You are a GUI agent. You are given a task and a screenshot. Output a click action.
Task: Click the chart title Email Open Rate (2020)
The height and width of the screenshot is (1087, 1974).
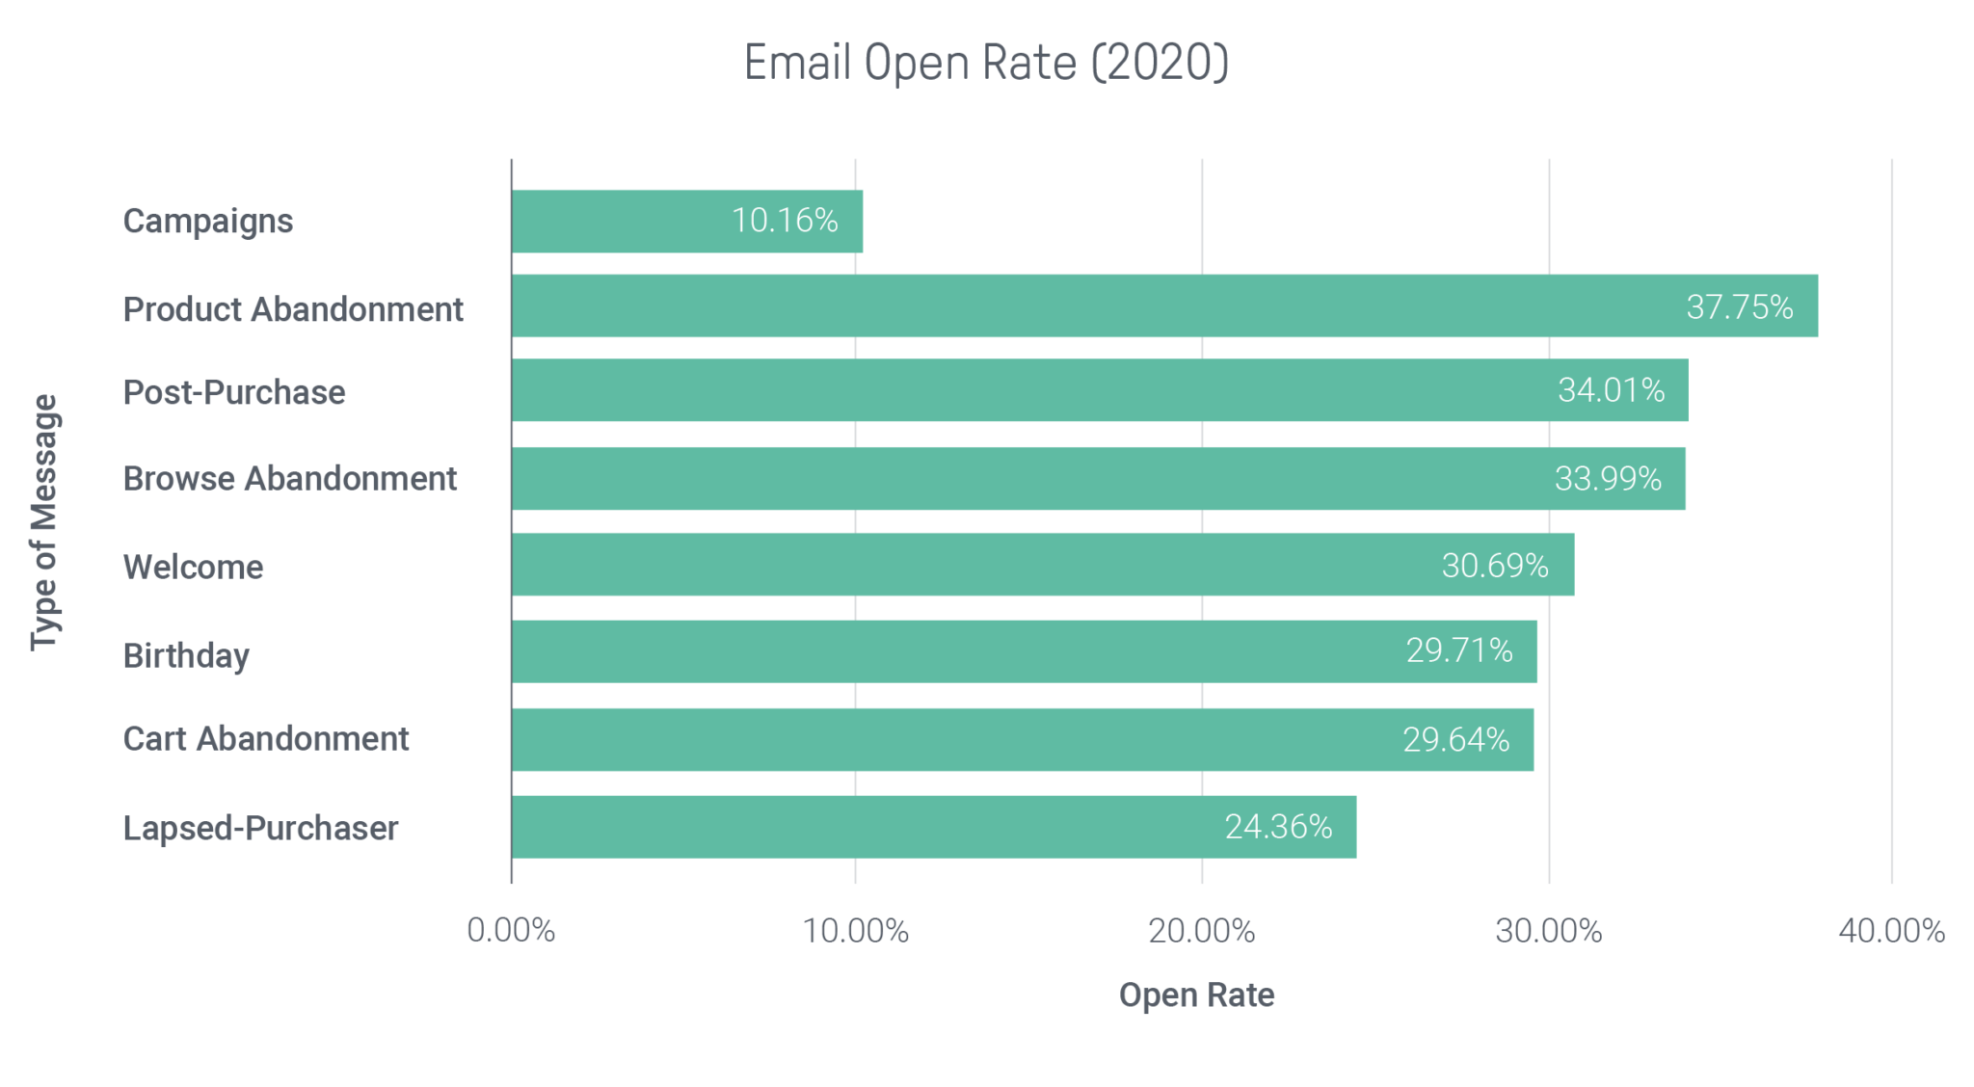point(986,64)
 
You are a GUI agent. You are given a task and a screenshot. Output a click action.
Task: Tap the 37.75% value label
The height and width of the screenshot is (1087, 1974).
point(1739,307)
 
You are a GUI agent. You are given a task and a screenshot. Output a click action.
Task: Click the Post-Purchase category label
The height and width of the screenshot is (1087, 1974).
point(233,392)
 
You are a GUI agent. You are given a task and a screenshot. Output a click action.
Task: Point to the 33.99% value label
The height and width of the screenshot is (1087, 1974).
point(1608,479)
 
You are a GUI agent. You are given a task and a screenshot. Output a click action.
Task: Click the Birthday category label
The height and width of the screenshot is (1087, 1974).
point(186,655)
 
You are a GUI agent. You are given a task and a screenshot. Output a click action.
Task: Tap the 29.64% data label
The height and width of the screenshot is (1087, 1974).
point(1455,740)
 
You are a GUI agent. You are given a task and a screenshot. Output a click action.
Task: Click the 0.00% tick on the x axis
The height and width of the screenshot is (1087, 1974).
point(511,931)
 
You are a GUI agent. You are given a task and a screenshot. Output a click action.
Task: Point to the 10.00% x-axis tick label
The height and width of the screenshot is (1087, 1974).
point(856,931)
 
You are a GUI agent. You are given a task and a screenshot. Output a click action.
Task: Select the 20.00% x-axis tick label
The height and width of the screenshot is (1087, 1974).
point(1202,931)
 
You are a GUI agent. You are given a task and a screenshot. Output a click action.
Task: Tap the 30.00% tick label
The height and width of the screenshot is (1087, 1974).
point(1548,931)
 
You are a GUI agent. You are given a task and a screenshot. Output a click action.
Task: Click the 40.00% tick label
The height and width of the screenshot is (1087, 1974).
point(1891,931)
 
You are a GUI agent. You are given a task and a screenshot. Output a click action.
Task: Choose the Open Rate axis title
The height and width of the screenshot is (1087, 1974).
point(1196,995)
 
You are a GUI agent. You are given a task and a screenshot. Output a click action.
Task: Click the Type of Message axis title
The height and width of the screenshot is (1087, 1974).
point(44,522)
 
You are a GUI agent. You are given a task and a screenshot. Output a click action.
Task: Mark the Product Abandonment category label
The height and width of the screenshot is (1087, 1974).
point(293,309)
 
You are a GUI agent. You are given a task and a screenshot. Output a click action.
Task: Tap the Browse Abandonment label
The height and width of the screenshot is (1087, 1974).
point(289,479)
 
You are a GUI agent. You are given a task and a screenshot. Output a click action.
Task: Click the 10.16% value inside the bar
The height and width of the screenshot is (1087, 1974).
point(784,221)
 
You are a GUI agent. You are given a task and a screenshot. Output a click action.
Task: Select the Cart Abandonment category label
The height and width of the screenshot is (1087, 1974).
point(266,739)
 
